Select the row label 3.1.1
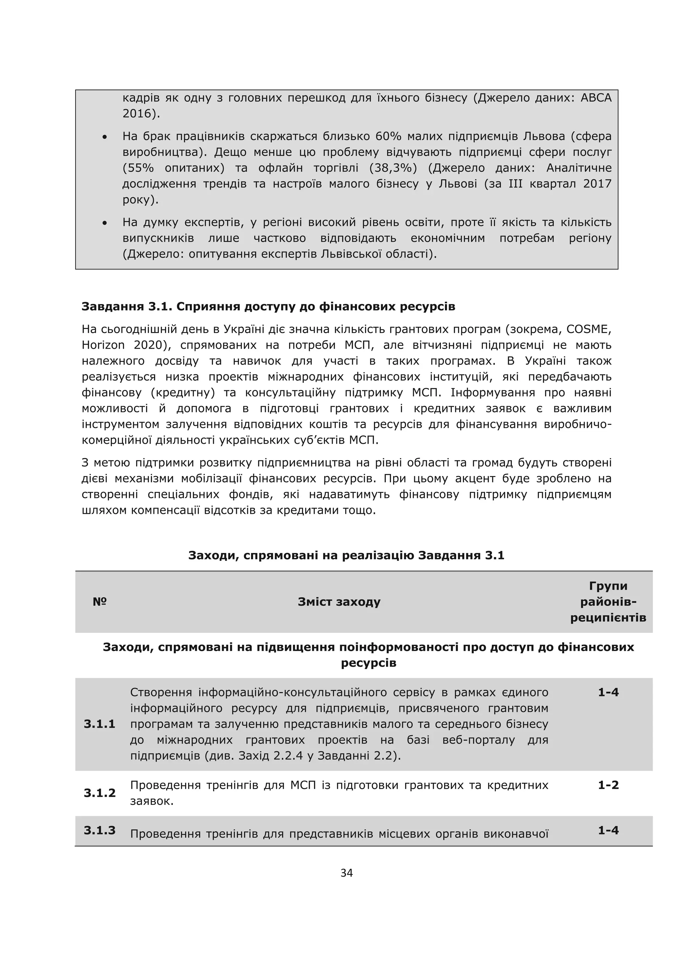click(x=100, y=724)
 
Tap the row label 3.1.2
click(x=100, y=793)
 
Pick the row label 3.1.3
click(x=100, y=830)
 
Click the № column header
click(x=100, y=602)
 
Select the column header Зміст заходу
click(x=339, y=602)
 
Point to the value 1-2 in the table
click(x=608, y=785)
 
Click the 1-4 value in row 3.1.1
click(x=608, y=692)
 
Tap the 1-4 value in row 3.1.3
click(x=608, y=830)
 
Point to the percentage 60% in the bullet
click(x=388, y=136)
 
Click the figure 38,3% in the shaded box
click(x=393, y=168)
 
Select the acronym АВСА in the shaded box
click(x=596, y=98)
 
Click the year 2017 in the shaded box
click(x=597, y=184)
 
